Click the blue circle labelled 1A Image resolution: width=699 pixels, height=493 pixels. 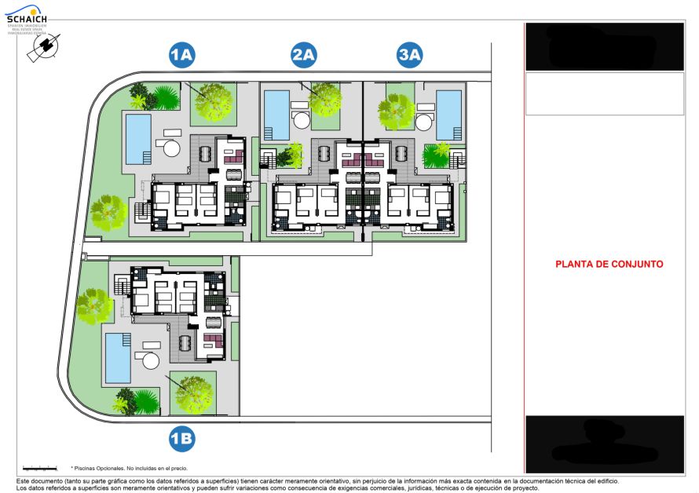(182, 55)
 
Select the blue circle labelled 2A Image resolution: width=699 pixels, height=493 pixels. (303, 55)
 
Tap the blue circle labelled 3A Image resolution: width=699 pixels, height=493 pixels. (410, 55)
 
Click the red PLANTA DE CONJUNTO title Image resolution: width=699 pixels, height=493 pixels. (609, 265)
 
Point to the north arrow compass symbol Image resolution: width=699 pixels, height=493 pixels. (41, 49)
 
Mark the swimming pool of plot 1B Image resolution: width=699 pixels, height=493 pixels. (119, 357)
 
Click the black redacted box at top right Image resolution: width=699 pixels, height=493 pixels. (604, 46)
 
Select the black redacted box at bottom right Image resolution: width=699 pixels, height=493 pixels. (604, 444)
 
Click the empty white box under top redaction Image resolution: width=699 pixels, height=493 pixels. (604, 93)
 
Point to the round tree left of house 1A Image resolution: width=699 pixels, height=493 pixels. (108, 213)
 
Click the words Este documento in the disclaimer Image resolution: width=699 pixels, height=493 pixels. (39, 480)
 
